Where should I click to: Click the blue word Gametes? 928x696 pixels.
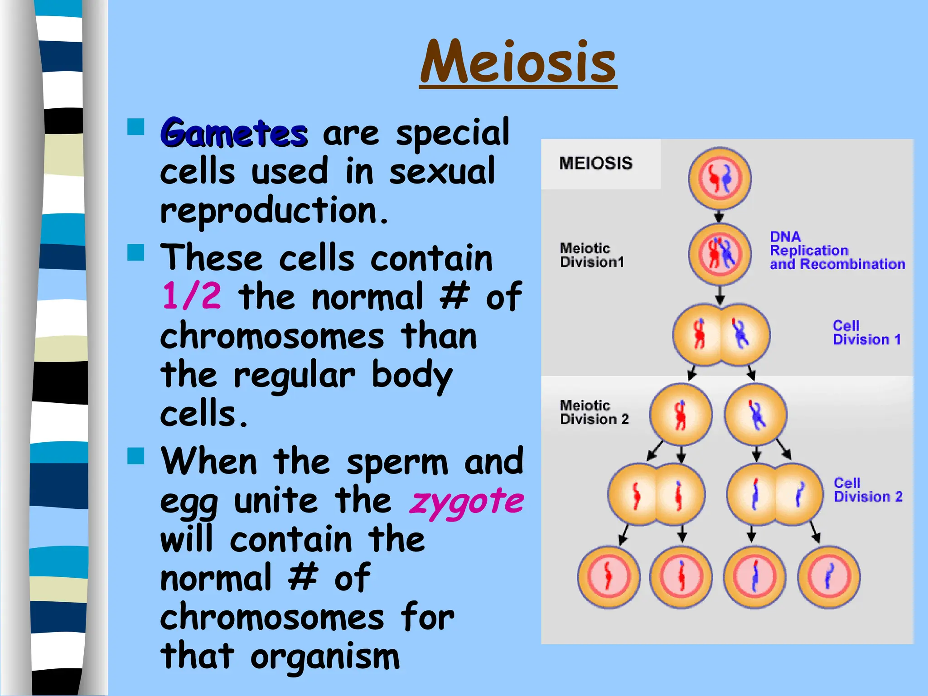point(234,133)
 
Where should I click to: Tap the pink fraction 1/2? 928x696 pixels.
point(192,296)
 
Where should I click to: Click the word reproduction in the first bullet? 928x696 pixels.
point(274,211)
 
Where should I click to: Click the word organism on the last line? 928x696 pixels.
point(325,657)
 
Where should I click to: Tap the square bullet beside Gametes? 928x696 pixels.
point(136,127)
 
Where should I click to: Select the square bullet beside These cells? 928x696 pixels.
point(136,252)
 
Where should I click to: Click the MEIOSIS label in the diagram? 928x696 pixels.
point(596,163)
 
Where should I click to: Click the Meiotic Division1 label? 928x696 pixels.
point(592,255)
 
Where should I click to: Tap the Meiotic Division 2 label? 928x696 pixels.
point(594,412)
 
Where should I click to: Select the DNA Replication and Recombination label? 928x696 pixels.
point(837,251)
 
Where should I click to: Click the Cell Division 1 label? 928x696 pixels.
point(866,333)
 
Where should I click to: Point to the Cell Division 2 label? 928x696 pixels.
point(868,490)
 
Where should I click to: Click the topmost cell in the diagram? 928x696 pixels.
point(720,178)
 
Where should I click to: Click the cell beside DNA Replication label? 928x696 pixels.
point(720,254)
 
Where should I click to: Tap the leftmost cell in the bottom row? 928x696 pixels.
point(609,577)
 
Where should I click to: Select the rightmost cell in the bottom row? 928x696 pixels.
point(829,577)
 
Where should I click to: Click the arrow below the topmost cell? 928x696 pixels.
point(719,216)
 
